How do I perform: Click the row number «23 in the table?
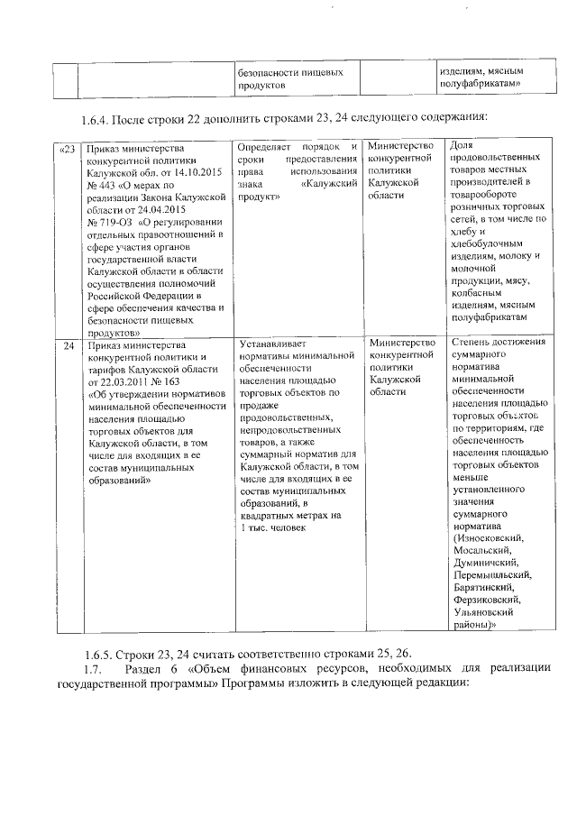pos(67,147)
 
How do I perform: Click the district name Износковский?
pos(488,538)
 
